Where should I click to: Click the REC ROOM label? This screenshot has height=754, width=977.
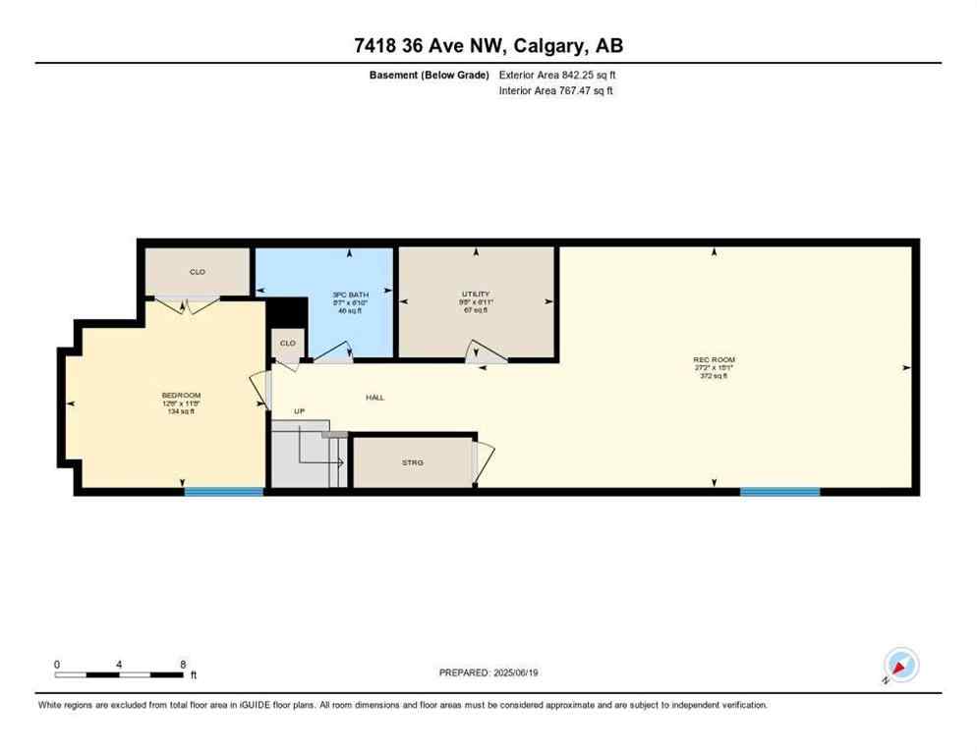tap(714, 360)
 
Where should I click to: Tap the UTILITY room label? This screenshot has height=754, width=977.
tap(476, 295)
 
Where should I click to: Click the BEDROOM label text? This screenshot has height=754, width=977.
tap(181, 396)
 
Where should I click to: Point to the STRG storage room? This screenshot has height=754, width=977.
tap(413, 462)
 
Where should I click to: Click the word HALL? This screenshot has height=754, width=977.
tap(375, 398)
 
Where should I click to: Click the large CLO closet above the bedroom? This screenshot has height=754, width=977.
tap(198, 272)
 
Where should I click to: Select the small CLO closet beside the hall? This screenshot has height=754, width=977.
tap(288, 344)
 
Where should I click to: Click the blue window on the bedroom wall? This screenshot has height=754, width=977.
tap(224, 491)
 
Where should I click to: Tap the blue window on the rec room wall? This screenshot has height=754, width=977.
tap(779, 491)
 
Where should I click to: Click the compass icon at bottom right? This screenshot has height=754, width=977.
tap(900, 665)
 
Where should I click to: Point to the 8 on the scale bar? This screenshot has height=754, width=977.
tap(183, 665)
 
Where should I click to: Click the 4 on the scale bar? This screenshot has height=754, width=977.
tap(119, 665)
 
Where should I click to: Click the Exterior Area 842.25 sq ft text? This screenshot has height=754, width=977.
tap(558, 75)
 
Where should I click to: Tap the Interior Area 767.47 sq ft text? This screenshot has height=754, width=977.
tap(557, 91)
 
